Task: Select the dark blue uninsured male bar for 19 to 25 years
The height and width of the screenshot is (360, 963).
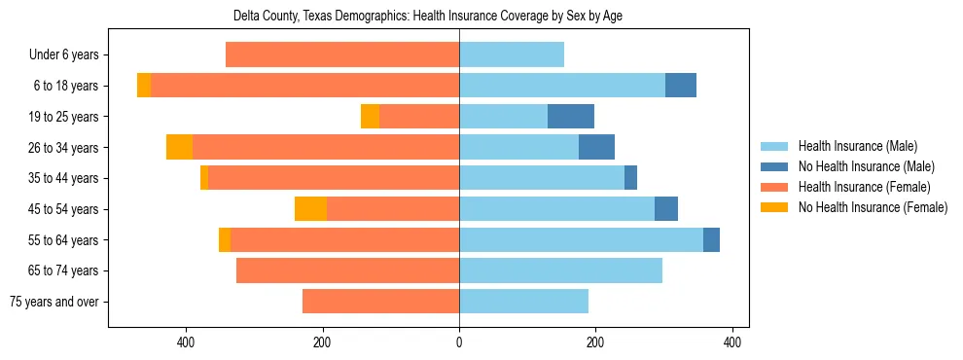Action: point(570,117)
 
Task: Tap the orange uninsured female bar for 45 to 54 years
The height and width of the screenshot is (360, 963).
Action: point(310,209)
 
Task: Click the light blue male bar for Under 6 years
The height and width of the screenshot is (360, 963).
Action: point(512,55)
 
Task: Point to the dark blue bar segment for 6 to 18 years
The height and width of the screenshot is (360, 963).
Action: point(681,86)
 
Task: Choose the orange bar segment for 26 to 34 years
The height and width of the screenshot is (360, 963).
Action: point(179,148)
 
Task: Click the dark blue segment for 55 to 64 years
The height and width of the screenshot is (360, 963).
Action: point(711,240)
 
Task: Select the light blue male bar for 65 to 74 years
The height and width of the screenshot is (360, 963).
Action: point(560,270)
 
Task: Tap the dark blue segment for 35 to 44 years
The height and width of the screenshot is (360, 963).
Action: point(630,178)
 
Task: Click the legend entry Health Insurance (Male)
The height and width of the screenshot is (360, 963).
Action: point(857,146)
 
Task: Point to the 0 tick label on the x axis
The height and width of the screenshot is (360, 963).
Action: point(459,342)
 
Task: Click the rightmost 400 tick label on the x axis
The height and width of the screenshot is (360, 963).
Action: point(732,342)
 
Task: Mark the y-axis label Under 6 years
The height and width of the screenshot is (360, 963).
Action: point(63,55)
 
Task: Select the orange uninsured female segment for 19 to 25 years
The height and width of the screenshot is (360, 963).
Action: point(370,117)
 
